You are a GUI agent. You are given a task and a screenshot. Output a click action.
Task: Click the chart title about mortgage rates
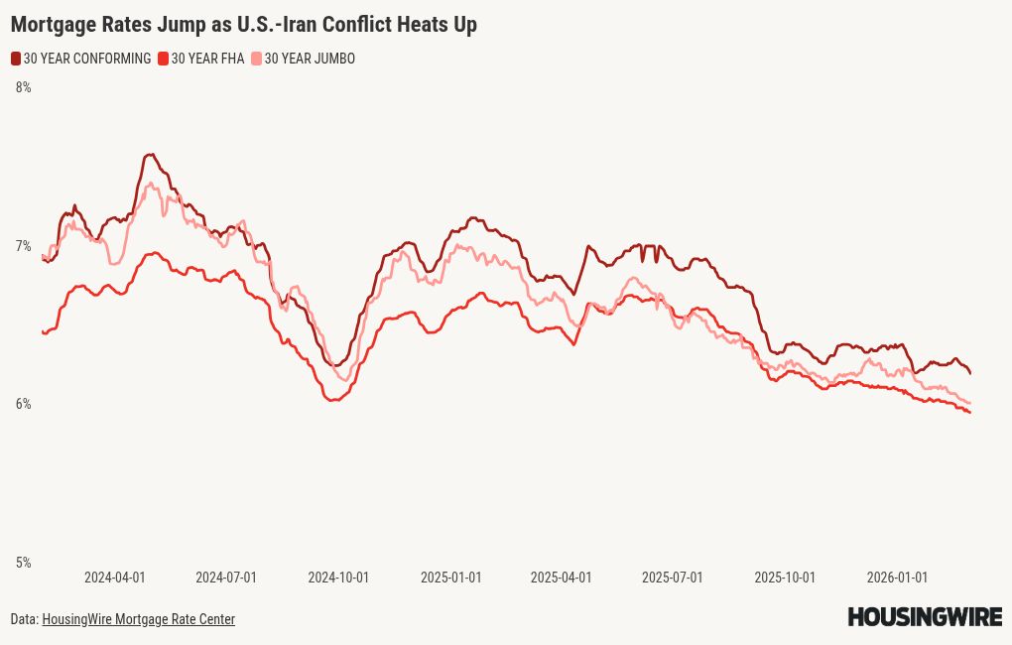pos(243,25)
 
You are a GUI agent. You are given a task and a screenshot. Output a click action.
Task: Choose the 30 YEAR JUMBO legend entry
pos(309,59)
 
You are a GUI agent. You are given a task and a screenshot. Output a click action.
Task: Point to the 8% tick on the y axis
pos(23,87)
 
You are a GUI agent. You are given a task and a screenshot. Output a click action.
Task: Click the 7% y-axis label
pos(23,246)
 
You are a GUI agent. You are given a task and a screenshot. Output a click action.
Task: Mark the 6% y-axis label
pos(23,404)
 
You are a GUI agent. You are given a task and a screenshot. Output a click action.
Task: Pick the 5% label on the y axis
pos(23,563)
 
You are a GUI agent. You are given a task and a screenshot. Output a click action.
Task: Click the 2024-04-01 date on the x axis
pos(114,578)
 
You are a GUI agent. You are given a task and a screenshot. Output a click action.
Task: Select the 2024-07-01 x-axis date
pos(226,578)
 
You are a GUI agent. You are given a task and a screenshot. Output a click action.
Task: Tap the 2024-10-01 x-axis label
pos(338,578)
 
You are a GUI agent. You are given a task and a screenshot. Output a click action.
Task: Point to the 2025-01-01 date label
pos(450,578)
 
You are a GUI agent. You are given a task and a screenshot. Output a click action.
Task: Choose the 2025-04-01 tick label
pos(561,578)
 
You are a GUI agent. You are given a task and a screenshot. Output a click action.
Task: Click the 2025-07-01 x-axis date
pos(673,578)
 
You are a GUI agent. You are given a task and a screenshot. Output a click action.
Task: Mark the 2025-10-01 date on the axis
pos(785,578)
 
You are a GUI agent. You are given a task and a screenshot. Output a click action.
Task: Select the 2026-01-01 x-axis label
pos(897,578)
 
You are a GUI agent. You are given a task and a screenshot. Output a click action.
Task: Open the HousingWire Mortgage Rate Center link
pos(138,619)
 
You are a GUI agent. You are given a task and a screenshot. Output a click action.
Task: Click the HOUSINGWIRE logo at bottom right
pos(925,617)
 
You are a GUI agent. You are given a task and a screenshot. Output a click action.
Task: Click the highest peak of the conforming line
pos(150,155)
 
